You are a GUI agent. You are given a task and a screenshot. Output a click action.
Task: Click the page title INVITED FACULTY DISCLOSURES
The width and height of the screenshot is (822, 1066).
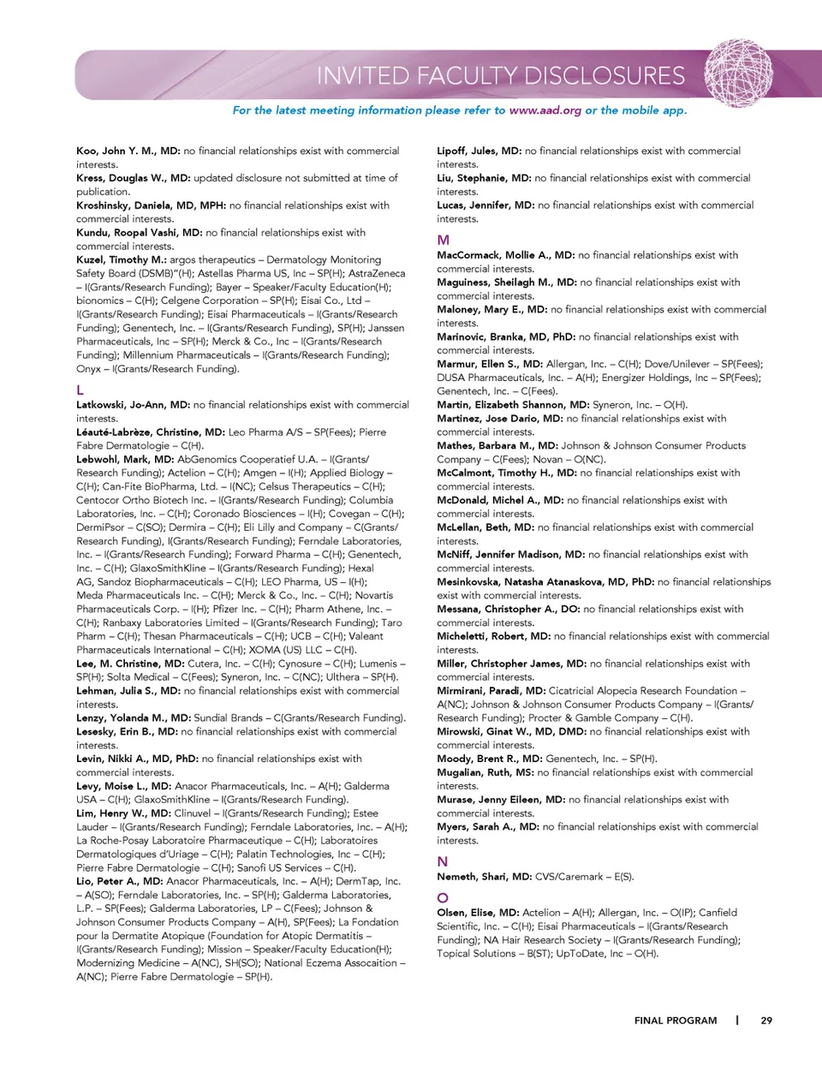click(x=501, y=75)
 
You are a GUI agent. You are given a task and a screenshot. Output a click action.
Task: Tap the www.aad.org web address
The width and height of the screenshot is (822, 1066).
click(x=545, y=110)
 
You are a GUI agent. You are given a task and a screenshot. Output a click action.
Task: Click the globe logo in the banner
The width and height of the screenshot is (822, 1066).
click(x=738, y=73)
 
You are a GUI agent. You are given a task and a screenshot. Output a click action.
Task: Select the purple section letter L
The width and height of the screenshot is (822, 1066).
click(x=80, y=390)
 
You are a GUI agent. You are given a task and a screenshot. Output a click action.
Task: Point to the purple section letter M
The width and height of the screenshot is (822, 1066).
click(x=443, y=240)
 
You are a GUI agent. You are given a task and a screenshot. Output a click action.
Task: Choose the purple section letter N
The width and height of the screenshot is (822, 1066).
click(x=443, y=861)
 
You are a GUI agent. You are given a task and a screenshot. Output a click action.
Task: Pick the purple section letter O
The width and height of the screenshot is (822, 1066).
click(x=443, y=897)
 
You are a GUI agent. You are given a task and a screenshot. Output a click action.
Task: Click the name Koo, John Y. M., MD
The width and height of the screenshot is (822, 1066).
click(x=128, y=151)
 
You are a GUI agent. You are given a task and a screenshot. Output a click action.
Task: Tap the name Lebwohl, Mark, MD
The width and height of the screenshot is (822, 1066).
click(x=124, y=459)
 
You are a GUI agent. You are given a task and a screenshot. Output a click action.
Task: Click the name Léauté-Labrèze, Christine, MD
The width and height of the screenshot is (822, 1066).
click(x=151, y=432)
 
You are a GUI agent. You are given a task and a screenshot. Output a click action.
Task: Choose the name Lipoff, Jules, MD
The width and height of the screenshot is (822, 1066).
click(x=479, y=151)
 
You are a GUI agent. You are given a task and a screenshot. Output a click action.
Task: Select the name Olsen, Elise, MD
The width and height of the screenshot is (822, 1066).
click(x=478, y=913)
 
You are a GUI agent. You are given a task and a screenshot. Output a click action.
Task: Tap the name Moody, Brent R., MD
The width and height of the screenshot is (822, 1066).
click(x=489, y=759)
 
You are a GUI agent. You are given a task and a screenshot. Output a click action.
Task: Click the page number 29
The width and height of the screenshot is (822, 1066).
click(x=766, y=1021)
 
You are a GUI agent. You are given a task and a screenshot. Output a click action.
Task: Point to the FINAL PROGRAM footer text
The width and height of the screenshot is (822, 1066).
click(x=676, y=1021)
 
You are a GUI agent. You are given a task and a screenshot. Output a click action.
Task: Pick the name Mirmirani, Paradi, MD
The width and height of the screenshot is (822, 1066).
click(x=491, y=691)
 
